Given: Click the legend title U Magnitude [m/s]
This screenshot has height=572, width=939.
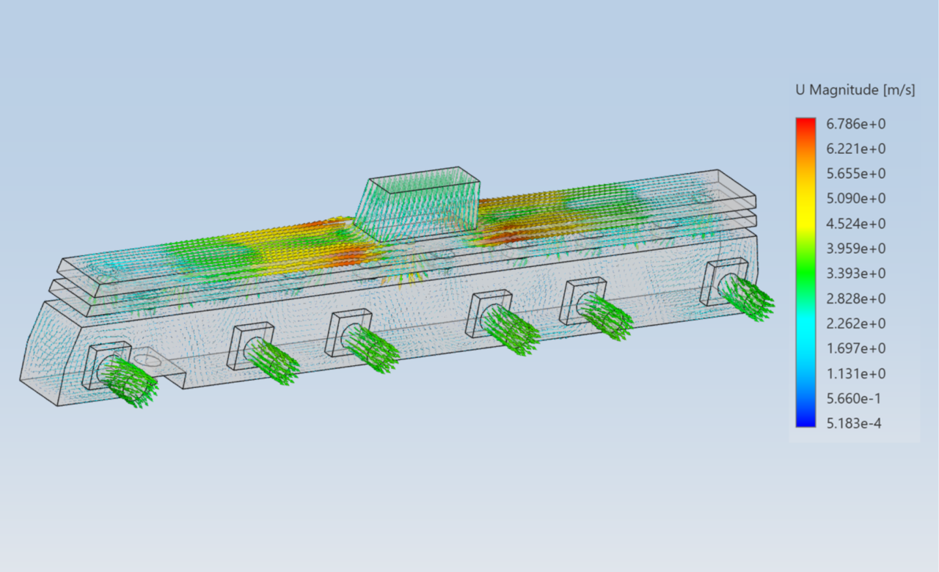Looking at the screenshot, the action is tap(855, 90).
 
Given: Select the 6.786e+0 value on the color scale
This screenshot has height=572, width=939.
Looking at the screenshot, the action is tap(855, 124).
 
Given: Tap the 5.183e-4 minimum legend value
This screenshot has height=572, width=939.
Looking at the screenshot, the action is tap(853, 423).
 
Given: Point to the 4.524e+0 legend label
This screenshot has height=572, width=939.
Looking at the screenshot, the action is tap(855, 224).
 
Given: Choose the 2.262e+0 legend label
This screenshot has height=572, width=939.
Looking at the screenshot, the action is tap(855, 323).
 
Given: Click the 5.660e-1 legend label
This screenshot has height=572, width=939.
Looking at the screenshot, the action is tap(853, 398).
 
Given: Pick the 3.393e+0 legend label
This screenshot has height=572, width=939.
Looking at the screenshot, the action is tap(855, 274).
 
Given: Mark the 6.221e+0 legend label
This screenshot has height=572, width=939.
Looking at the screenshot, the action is tap(855, 149).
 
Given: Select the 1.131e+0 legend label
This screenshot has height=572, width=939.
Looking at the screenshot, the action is tap(855, 373).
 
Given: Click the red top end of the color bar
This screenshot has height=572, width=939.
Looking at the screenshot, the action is tap(805, 122).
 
